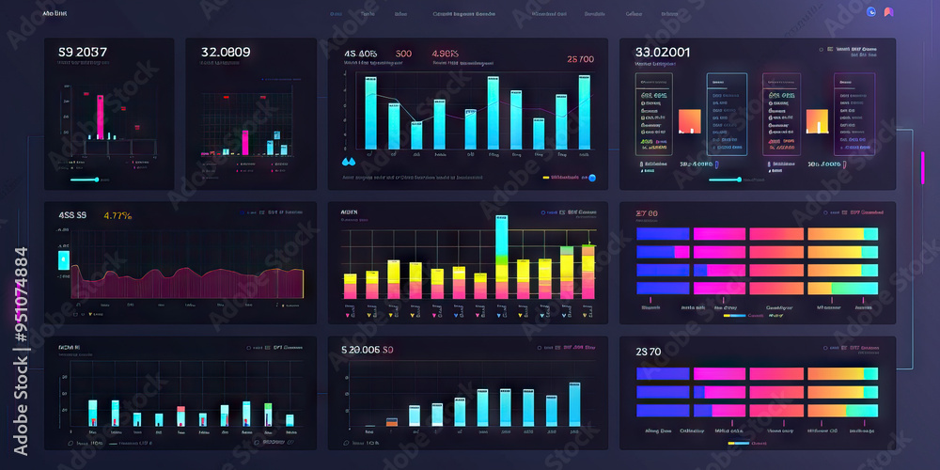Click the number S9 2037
pyautogui.click(x=83, y=53)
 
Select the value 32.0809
pyautogui.click(x=226, y=53)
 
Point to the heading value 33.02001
pyautogui.click(x=663, y=53)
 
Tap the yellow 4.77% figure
pyautogui.click(x=117, y=216)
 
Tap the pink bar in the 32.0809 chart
pyautogui.click(x=244, y=141)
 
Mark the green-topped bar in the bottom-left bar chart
pyautogui.click(x=268, y=414)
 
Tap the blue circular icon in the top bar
pyautogui.click(x=870, y=12)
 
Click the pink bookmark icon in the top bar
pyautogui.click(x=888, y=12)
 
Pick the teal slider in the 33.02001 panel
pyautogui.click(x=725, y=179)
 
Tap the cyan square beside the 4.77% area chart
pyautogui.click(x=64, y=258)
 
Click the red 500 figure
pyautogui.click(x=403, y=54)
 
